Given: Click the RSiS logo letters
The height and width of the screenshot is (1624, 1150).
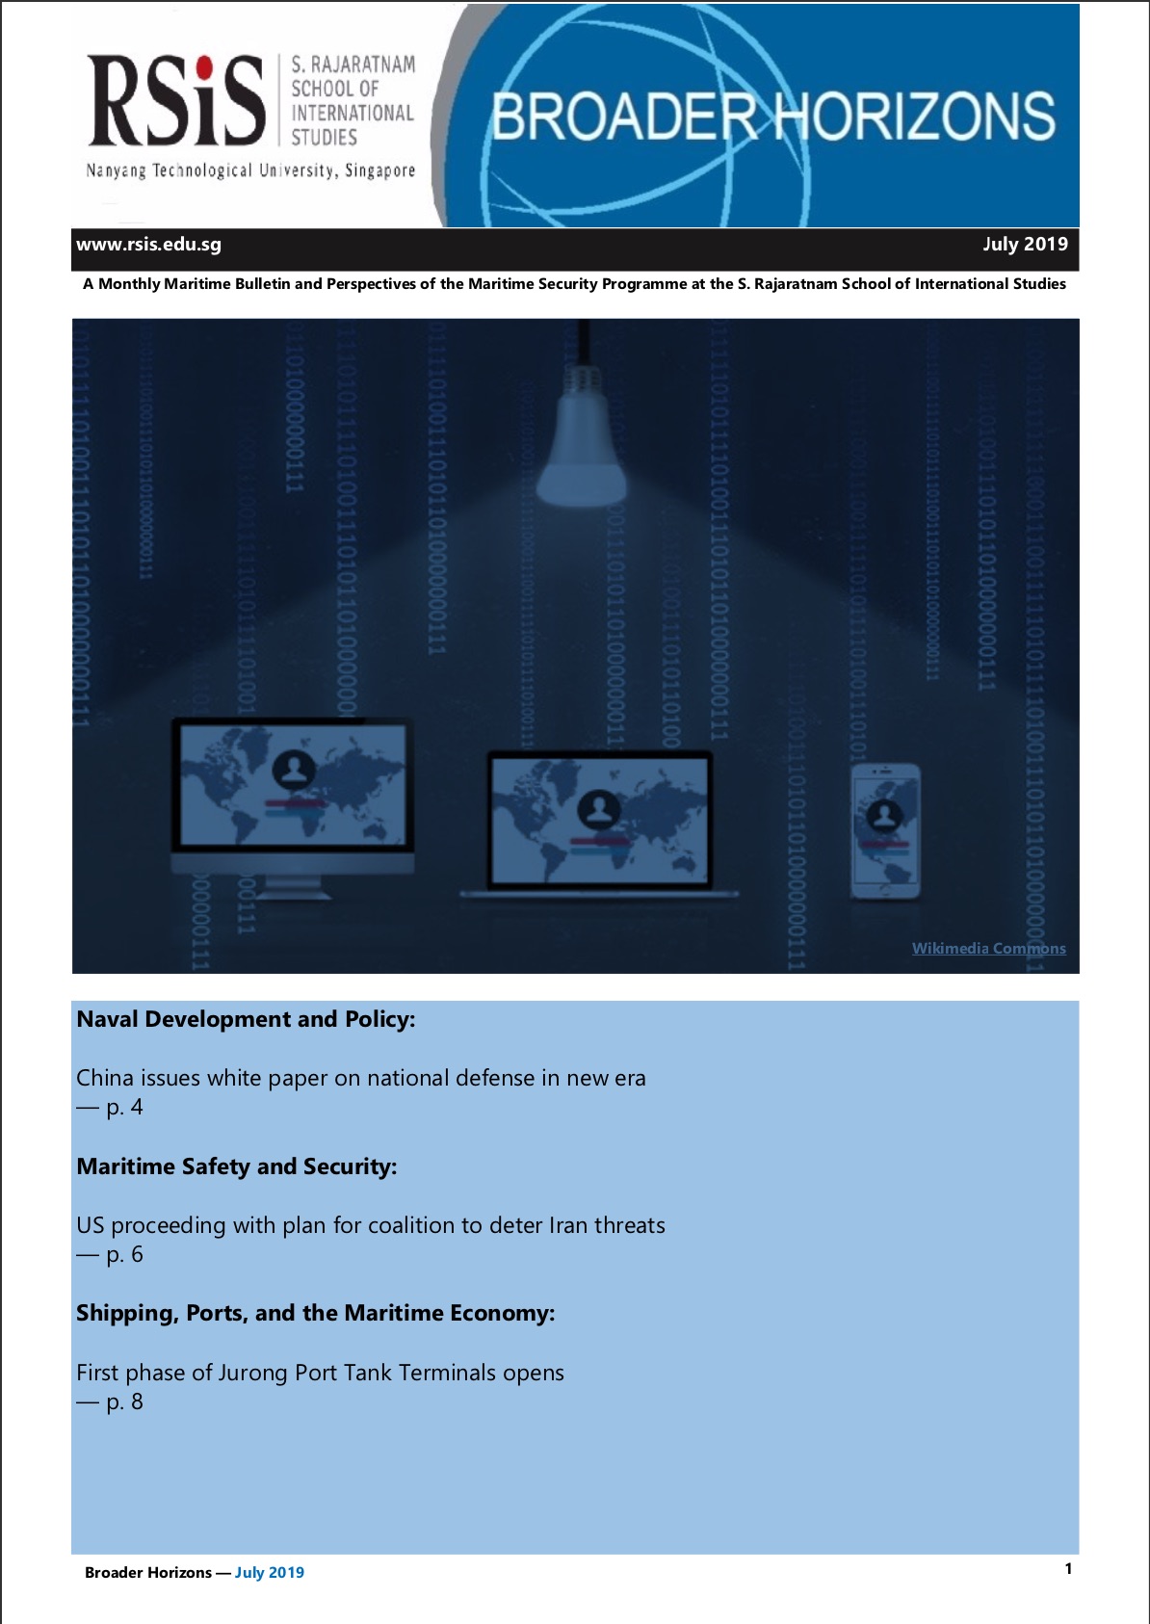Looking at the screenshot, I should [176, 101].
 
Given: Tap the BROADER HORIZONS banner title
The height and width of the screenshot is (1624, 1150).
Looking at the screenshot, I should [773, 117].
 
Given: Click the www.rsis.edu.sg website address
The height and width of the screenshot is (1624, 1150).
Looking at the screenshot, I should [149, 245].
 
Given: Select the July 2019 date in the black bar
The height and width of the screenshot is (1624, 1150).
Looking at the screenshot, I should [1025, 245].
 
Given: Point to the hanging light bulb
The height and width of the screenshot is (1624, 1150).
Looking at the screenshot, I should [582, 438].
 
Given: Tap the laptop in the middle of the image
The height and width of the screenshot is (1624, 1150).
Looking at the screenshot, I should [599, 821].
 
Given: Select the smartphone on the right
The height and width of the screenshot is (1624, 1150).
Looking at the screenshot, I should [884, 830].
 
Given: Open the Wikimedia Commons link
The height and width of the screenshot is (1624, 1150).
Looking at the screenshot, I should [988, 949].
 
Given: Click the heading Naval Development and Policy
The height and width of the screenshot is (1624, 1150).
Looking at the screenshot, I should [246, 1019].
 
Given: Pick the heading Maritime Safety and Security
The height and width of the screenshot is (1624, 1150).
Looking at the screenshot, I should [237, 1166].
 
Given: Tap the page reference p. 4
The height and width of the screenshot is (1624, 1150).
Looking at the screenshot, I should [124, 1108].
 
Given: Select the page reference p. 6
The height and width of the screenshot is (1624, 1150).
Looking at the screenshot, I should [124, 1255].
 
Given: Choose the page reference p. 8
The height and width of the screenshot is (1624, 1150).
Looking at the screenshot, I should [124, 1402].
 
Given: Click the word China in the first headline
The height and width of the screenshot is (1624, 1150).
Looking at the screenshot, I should [104, 1078].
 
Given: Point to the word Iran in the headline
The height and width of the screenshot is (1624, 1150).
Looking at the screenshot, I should [568, 1225].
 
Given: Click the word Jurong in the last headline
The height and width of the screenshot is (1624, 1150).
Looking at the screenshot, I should [252, 1373].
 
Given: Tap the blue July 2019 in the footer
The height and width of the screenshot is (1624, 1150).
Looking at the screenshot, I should [270, 1573].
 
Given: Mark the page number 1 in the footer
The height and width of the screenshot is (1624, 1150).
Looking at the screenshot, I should [1068, 1569].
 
